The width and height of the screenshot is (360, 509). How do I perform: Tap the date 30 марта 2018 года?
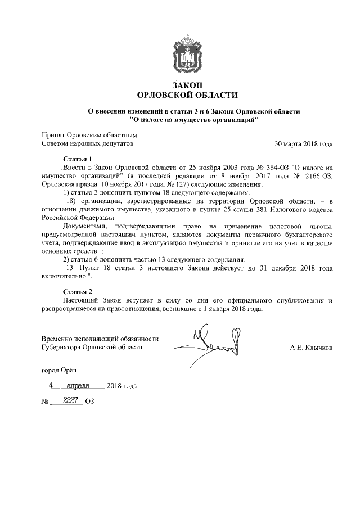pyautogui.click(x=303, y=143)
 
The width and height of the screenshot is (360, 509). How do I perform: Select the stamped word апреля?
pyautogui.click(x=82, y=386)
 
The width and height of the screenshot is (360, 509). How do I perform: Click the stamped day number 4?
pyautogui.click(x=51, y=386)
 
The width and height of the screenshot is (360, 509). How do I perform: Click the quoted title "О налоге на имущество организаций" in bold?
pyautogui.click(x=193, y=120)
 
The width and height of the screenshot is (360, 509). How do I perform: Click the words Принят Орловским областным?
pyautogui.click(x=89, y=135)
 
